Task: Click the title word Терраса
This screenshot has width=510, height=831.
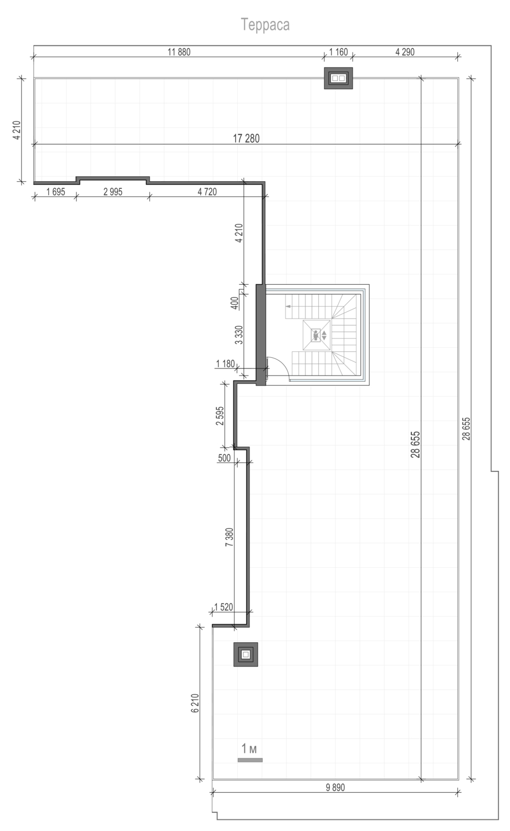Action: coord(266,25)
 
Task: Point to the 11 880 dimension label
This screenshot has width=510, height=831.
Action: coord(179,52)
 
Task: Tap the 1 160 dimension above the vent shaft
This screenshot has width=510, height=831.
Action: coord(339,52)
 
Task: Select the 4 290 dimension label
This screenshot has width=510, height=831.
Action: coord(405,52)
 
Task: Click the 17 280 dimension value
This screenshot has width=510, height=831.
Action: coord(246,138)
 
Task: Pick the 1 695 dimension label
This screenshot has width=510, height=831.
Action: coord(55,192)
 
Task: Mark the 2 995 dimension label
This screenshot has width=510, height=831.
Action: coord(113,192)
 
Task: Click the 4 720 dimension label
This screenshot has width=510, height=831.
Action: coord(207,192)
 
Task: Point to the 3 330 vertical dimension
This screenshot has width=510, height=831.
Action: coord(239,335)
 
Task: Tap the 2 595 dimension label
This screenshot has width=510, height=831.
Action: coord(220,416)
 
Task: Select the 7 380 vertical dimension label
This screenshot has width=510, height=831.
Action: coord(229,537)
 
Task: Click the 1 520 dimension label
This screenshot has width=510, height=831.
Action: coord(223,607)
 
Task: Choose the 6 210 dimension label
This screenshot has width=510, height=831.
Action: coord(195,703)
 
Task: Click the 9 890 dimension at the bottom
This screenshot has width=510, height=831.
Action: coord(335,787)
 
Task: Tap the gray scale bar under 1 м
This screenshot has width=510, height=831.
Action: coord(250,760)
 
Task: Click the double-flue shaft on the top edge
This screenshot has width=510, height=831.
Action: coord(338,78)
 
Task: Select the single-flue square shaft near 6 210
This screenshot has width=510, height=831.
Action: coord(246,654)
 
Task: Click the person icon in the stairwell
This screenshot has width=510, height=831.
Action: coord(316,335)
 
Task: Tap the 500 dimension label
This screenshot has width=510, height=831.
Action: coord(224,458)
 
